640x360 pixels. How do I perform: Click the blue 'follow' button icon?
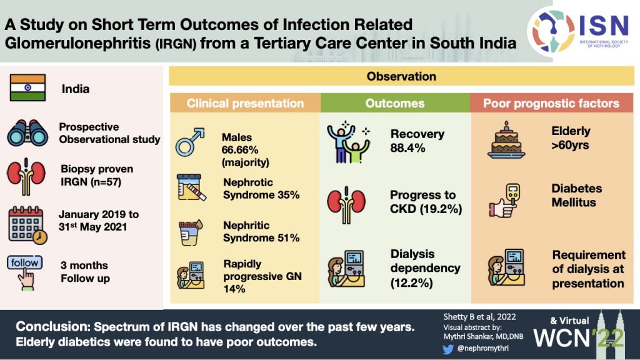coord(26,263)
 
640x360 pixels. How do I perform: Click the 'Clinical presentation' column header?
coord(245,103)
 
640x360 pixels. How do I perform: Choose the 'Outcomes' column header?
coord(395,103)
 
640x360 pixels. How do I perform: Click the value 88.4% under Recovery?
coord(407,148)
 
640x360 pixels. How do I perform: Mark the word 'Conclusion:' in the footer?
coord(52,327)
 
